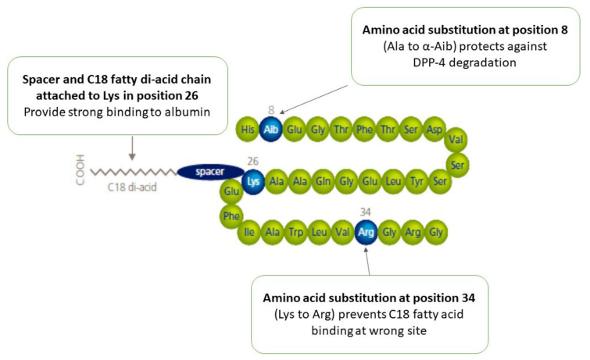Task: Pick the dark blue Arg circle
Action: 366,231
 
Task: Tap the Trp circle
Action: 295,231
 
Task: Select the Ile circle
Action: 249,231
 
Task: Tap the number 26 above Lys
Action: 252,162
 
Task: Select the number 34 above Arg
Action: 366,212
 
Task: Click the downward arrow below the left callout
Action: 132,148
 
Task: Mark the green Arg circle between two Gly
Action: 413,231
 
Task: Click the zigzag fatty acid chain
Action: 133,171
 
